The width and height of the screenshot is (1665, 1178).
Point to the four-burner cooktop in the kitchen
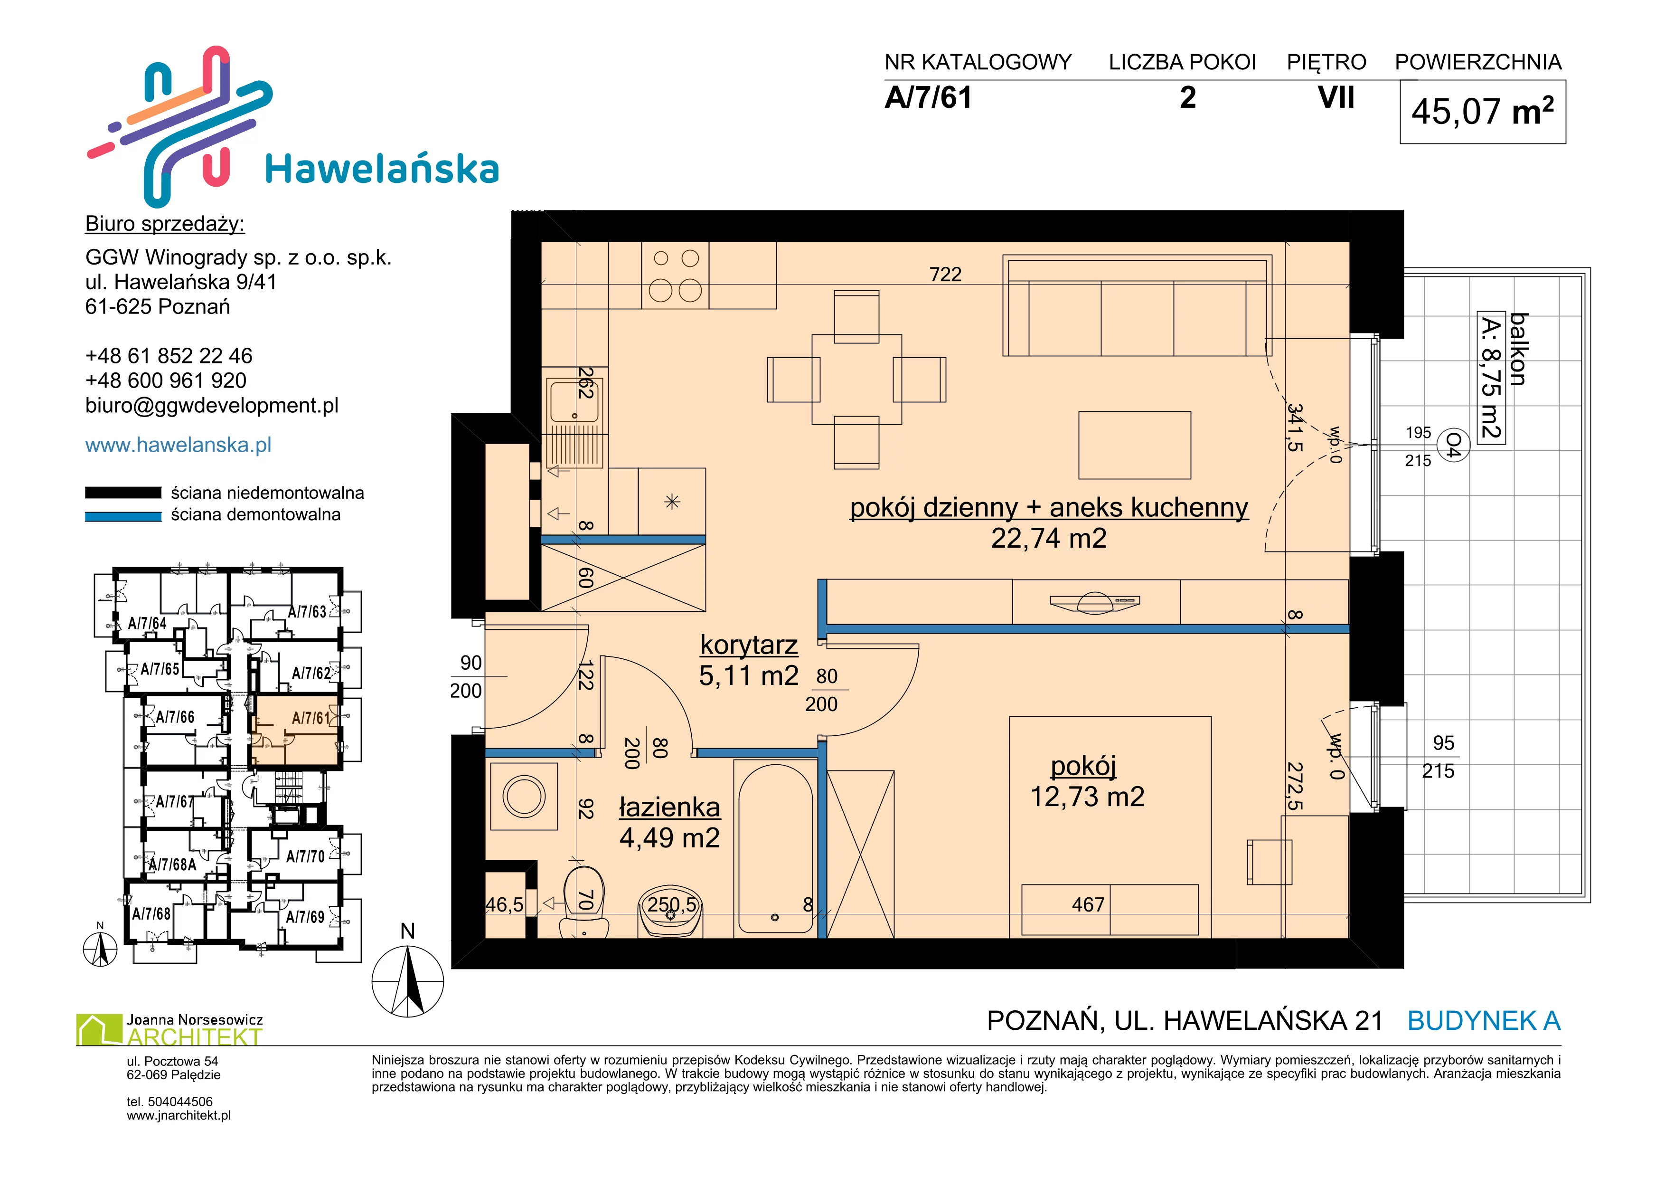coord(675,275)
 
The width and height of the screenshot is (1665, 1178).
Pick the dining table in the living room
coord(856,380)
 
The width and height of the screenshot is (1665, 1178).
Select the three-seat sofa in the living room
coord(1137,305)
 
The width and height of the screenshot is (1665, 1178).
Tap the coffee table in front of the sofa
coord(1134,446)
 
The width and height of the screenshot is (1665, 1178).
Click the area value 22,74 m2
coord(1049,538)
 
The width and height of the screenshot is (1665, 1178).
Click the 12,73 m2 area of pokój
coord(1087,797)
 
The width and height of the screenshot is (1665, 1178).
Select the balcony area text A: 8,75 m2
coord(1491,377)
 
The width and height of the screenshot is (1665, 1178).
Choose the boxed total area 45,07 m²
coord(1482,112)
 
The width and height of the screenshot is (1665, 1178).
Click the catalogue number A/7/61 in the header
coord(928,98)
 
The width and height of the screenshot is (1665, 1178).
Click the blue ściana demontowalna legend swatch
coord(123,516)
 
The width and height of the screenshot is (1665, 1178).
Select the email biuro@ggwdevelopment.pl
coord(212,406)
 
